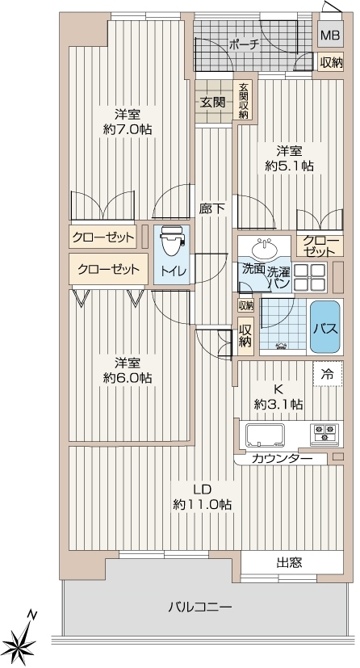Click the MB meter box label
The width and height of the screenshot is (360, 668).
point(330,36)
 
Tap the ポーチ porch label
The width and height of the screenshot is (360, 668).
point(244,44)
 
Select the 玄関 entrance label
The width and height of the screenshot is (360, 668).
point(213,103)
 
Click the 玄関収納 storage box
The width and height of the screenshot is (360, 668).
point(244,100)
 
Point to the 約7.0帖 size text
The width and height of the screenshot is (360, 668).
point(128,129)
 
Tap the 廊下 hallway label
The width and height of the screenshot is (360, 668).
point(212,208)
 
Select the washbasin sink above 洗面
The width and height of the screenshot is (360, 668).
point(264,248)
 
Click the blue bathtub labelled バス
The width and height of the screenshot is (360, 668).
point(325,327)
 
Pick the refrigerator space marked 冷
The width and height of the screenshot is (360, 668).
point(328,374)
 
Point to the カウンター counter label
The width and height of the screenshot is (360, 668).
point(283,459)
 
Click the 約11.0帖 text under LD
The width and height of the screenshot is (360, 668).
point(202,505)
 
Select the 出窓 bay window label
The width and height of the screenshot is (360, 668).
point(289,563)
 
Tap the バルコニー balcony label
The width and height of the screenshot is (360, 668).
point(199,607)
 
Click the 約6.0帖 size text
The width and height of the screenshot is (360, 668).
point(128,378)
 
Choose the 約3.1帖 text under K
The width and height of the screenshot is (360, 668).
point(278,404)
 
